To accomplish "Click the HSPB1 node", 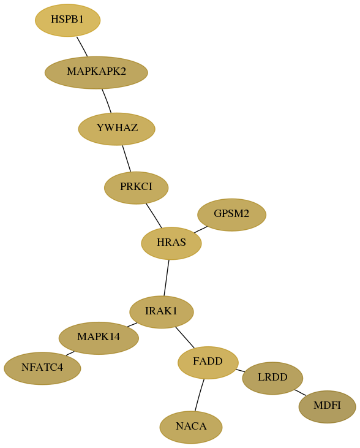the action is (x=68, y=20).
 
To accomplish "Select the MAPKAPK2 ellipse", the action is (x=96, y=72).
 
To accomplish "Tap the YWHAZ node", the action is (x=117, y=129).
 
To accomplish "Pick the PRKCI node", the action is (x=136, y=188).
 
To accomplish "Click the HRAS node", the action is (x=171, y=243).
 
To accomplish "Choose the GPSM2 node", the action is (x=232, y=215).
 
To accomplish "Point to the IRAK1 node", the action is (x=162, y=312).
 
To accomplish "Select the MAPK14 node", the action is (x=99, y=338).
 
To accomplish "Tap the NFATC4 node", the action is (x=42, y=368).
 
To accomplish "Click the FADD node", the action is (x=208, y=363).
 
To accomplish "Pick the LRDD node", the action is (x=272, y=378).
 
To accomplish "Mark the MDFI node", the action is (x=327, y=406).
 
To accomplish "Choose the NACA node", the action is (x=191, y=427).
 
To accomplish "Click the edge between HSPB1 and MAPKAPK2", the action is (x=82, y=47).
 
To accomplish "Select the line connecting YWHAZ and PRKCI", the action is (x=127, y=159).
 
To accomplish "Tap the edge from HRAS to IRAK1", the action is (x=167, y=278).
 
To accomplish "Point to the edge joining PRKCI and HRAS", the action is (x=154, y=216).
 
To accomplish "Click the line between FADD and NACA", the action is (x=200, y=395).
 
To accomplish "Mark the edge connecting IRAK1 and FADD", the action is (x=185, y=338).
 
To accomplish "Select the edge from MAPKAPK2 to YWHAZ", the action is (x=107, y=101).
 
